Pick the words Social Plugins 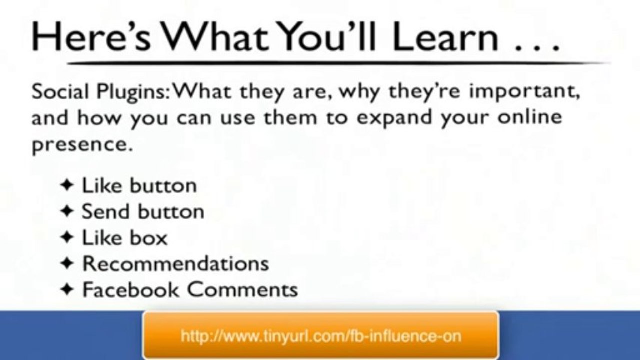pyautogui.click(x=100, y=93)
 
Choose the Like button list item pyautogui.click(x=139, y=186)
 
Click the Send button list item pyautogui.click(x=143, y=212)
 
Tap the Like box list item pyautogui.click(x=125, y=238)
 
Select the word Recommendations pyautogui.click(x=175, y=264)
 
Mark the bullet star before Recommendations pyautogui.click(x=67, y=263)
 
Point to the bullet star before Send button pyautogui.click(x=67, y=211)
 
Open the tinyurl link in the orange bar pyautogui.click(x=321, y=335)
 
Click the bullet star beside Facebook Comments pyautogui.click(x=67, y=289)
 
